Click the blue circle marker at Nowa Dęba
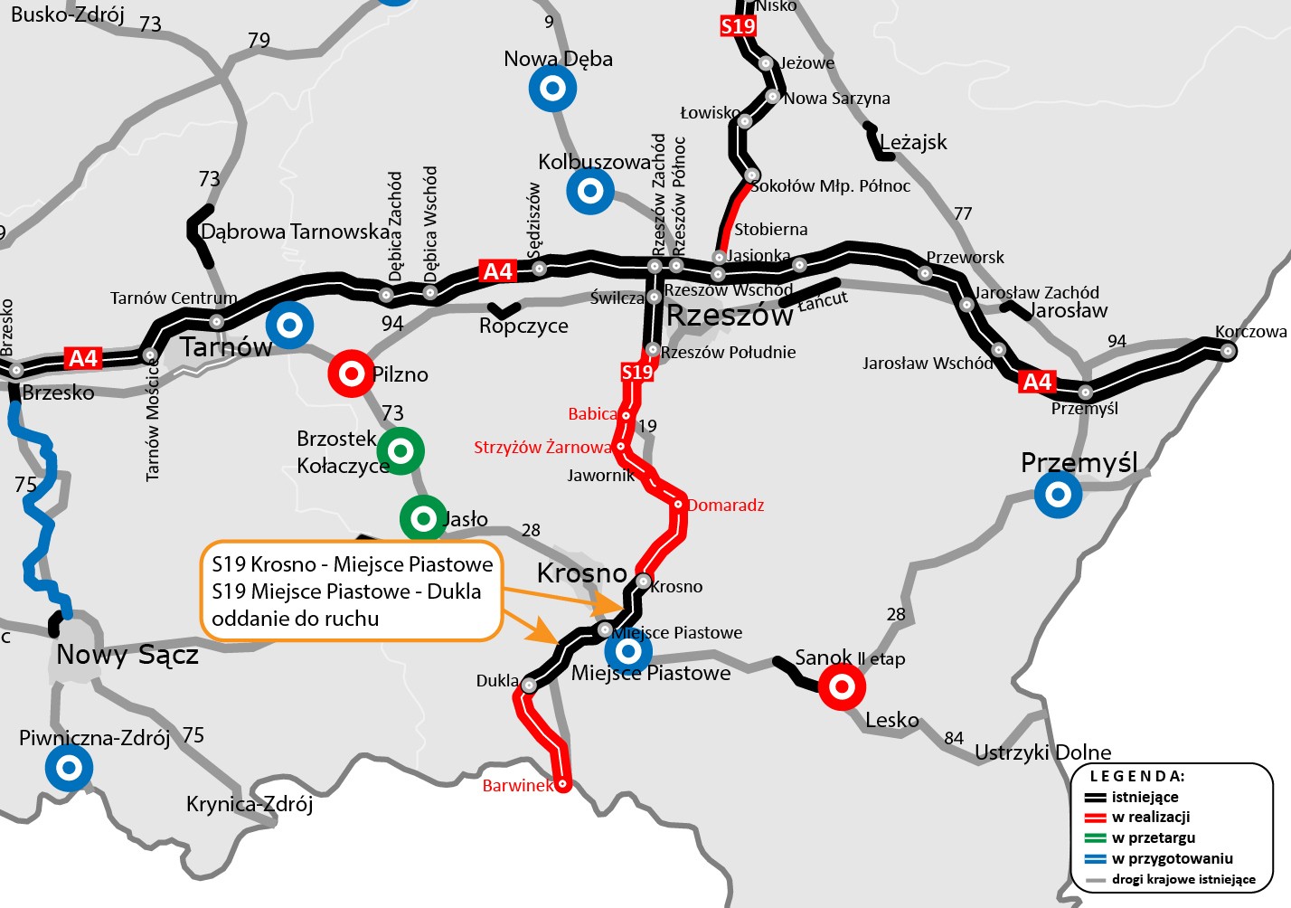tap(552, 89)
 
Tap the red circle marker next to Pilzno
tap(352, 374)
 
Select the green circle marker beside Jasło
tap(423, 518)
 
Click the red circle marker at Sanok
tap(842, 686)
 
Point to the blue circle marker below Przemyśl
tap(1058, 495)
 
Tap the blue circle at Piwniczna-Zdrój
tap(70, 768)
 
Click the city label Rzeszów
tap(729, 316)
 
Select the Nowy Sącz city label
tap(127, 654)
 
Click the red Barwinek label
tap(517, 785)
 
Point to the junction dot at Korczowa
tap(1228, 351)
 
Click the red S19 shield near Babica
tap(636, 372)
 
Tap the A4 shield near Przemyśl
tap(1037, 382)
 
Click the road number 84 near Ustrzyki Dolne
tap(954, 738)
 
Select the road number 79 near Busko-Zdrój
tap(259, 41)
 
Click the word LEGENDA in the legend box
tap(1137, 776)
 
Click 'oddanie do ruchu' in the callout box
tap(296, 619)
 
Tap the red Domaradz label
tap(726, 505)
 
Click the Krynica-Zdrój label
tap(250, 804)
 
